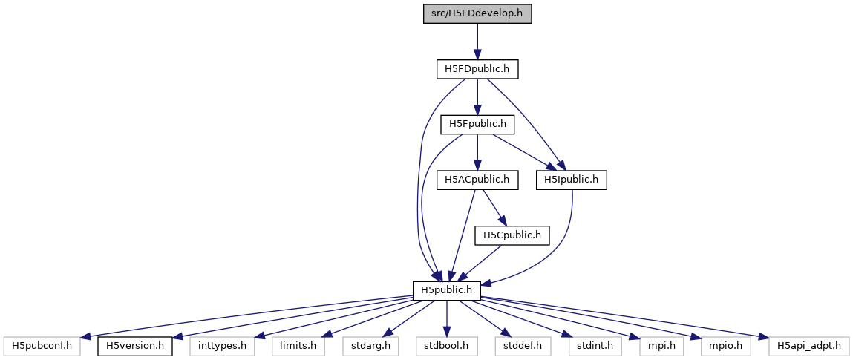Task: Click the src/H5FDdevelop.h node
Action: (477, 13)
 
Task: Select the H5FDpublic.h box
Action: (476, 69)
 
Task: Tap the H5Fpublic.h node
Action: (477, 124)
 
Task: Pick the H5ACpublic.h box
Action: (477, 179)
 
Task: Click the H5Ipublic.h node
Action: (572, 179)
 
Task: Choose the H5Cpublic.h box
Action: (512, 235)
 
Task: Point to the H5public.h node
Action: (446, 289)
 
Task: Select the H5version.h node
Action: (134, 345)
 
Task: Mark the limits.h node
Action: (298, 345)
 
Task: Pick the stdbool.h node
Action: (446, 345)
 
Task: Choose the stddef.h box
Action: (520, 345)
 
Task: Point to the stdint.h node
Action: (591, 345)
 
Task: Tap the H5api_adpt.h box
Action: (808, 345)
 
